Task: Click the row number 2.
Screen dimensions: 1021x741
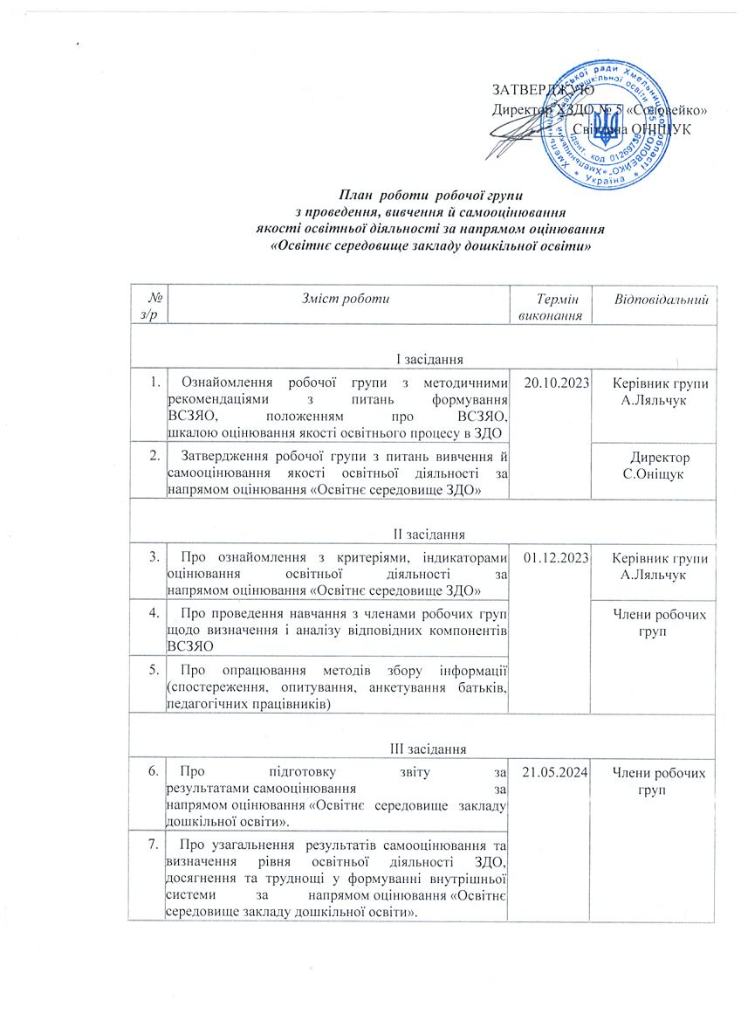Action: [x=154, y=454]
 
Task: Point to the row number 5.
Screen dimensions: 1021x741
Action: [x=154, y=670]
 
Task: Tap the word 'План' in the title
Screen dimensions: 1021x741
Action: [x=354, y=194]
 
